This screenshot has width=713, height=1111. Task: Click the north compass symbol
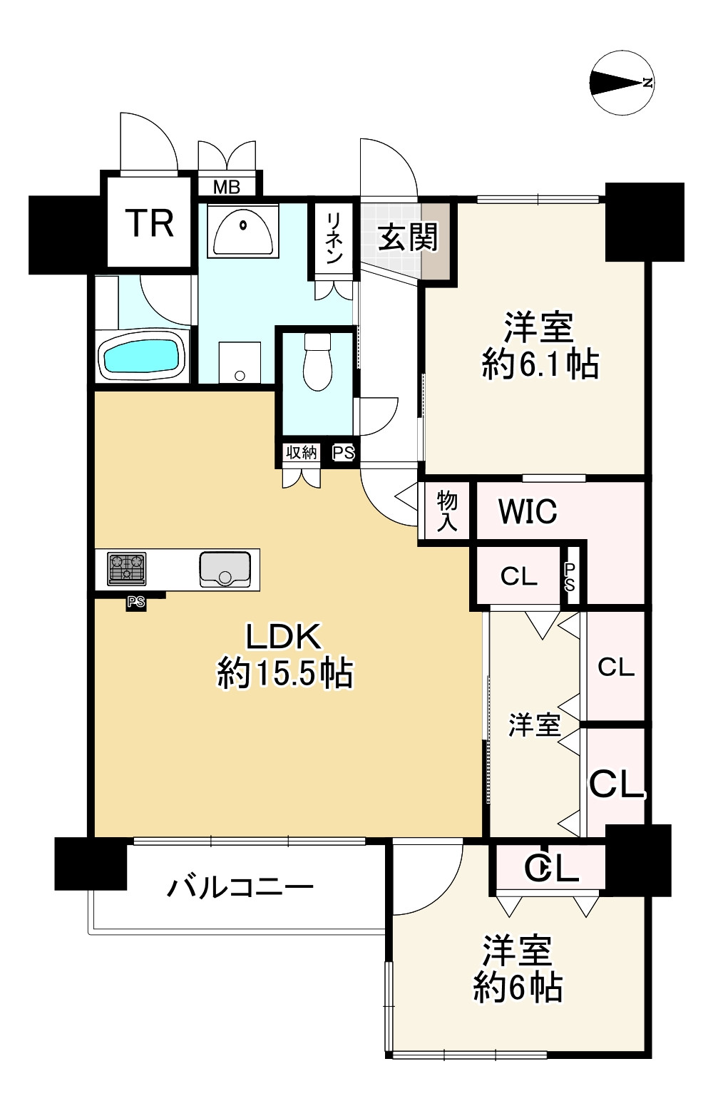tap(622, 83)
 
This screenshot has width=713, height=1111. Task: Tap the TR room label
tap(150, 223)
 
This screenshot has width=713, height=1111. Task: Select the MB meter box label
tap(227, 188)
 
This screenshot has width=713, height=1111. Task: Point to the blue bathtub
tap(140, 357)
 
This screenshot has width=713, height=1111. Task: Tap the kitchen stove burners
tap(127, 568)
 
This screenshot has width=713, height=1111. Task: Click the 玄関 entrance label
tap(407, 237)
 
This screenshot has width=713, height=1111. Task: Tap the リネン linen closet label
tap(334, 239)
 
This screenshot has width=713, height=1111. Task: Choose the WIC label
tap(527, 511)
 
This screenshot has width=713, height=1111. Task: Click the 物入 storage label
tap(446, 511)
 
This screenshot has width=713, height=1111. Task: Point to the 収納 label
tap(301, 452)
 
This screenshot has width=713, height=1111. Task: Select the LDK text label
tap(284, 636)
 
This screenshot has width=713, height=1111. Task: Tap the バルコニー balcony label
tap(240, 888)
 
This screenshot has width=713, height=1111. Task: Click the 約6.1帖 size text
tap(540, 364)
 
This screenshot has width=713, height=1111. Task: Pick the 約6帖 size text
tap(518, 988)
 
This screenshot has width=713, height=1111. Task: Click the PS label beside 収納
tap(343, 453)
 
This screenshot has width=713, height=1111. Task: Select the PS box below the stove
tap(135, 603)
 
